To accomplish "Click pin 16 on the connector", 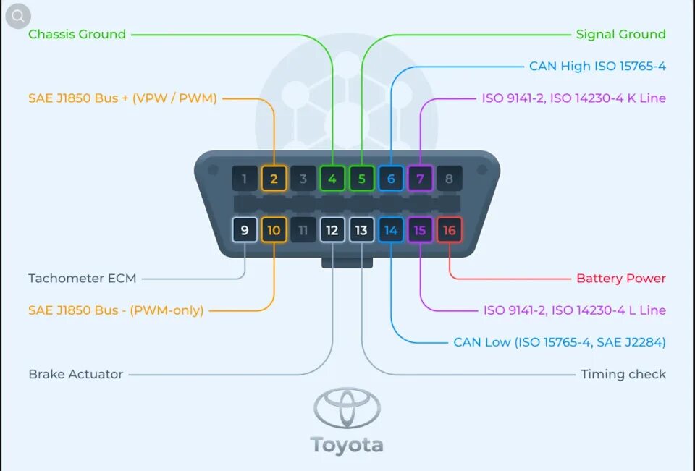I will [449, 231].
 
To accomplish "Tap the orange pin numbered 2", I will [274, 179].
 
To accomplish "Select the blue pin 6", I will [391, 179].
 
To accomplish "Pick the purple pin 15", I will [420, 231].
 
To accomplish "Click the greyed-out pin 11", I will [303, 231].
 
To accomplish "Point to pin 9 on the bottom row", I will [245, 231].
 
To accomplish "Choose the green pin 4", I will [332, 179].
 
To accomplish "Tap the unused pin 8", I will [449, 179].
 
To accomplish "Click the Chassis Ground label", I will [77, 34].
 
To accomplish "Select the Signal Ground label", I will [620, 34].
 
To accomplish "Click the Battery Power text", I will [620, 279].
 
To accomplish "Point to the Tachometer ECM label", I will [82, 279].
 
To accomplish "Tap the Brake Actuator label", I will [75, 374].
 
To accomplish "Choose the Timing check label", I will [623, 374].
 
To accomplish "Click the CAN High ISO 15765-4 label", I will [597, 66].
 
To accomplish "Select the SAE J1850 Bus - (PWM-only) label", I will [116, 310].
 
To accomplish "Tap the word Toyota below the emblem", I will [347, 445].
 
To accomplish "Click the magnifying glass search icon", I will [17, 15].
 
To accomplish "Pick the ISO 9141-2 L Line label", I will [574, 310].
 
